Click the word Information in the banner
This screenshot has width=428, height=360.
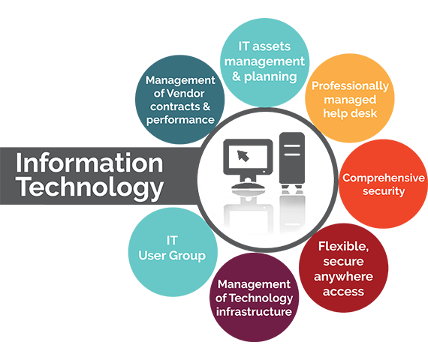tap(89, 163)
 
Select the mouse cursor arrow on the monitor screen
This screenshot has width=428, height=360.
tap(243, 156)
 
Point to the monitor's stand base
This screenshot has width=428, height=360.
tap(248, 186)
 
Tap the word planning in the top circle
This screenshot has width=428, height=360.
tap(270, 77)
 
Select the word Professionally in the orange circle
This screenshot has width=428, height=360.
tap(350, 86)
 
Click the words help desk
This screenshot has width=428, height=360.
tap(350, 113)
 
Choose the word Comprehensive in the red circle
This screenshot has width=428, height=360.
tap(384, 178)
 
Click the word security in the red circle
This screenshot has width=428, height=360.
tap(384, 191)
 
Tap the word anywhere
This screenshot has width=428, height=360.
tap(343, 277)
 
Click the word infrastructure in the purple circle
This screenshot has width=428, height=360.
tap(254, 311)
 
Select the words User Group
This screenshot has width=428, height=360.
tap(172, 256)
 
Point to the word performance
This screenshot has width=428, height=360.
tap(180, 120)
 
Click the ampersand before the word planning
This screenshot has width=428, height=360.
tap(237, 76)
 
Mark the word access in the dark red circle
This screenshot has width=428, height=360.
tap(343, 292)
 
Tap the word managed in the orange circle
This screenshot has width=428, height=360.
tap(350, 100)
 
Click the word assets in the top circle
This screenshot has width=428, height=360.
tap(271, 46)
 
